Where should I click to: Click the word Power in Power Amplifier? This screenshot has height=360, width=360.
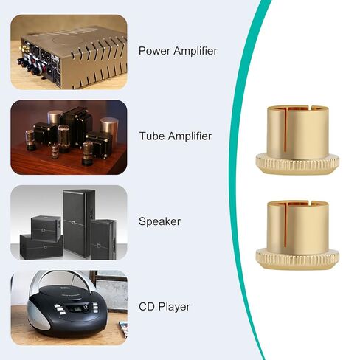coord(154,51)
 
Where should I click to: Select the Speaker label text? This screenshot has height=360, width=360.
coord(159,221)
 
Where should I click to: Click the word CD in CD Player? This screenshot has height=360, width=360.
coord(146,307)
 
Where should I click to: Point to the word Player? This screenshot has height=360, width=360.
coord(174,307)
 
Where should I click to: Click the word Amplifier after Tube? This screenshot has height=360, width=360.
coord(190,136)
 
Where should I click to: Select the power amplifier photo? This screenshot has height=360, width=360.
coord(69,52)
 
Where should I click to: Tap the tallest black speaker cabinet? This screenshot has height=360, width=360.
coord(79,223)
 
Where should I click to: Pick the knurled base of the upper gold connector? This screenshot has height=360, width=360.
coord(297,164)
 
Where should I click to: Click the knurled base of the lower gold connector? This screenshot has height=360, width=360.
coord(297,259)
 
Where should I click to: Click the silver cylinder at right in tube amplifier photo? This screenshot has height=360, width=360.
coord(109,128)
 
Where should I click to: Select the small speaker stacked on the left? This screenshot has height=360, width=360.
coord(46,228)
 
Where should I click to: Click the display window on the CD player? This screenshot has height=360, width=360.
coord(75,308)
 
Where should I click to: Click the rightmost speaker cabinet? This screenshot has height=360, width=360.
coord(103,240)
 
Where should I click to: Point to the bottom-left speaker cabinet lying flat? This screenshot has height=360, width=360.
coord(41,246)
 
